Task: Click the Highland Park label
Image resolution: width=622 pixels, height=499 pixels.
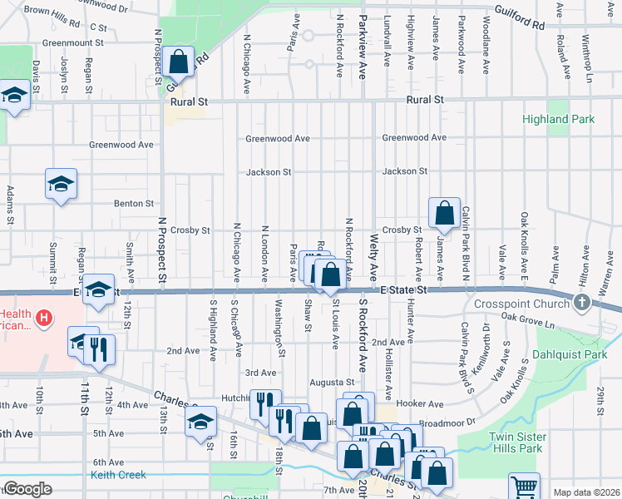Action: pyautogui.click(x=558, y=119)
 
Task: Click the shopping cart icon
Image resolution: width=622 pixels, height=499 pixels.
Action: pyautogui.click(x=524, y=487)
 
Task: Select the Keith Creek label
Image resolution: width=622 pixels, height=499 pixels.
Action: pyautogui.click(x=120, y=475)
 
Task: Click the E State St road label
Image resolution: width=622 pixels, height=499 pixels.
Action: pyautogui.click(x=403, y=290)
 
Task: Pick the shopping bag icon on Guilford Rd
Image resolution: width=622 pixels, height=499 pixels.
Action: pyautogui.click(x=179, y=61)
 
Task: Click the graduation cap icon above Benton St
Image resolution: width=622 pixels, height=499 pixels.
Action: pyautogui.click(x=61, y=183)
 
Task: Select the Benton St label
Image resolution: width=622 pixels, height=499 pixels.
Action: pyautogui.click(x=134, y=203)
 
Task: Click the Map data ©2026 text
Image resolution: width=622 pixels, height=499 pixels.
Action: pyautogui.click(x=586, y=492)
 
